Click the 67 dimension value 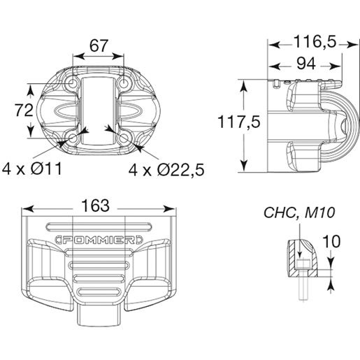(x=99, y=46)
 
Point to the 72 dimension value (x=24, y=110)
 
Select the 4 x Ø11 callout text (x=32, y=168)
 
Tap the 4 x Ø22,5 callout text (x=166, y=169)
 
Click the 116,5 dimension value (x=315, y=42)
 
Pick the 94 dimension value (x=306, y=64)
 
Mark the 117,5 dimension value (x=238, y=122)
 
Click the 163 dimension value (x=96, y=206)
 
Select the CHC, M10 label (x=299, y=213)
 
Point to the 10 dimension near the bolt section (x=332, y=242)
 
